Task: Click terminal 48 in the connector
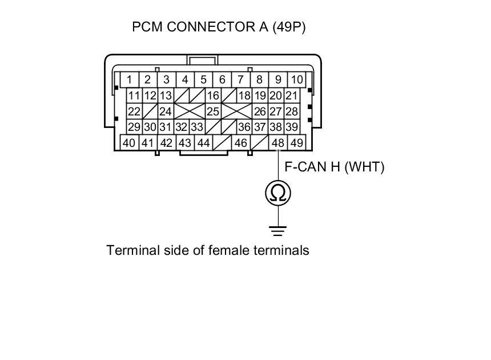coord(278,143)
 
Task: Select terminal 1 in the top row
coord(130,79)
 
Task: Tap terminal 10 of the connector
coord(297,79)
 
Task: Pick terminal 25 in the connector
coord(213,111)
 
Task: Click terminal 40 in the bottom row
coord(130,143)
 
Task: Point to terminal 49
coord(297,143)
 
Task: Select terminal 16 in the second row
coord(213,95)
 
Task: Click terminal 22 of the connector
coord(134,111)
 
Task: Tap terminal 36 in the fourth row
coord(244,127)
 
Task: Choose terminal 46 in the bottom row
coord(240,143)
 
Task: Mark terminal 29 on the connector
coord(134,127)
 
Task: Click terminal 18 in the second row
coord(244,95)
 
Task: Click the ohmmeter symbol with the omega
coord(278,193)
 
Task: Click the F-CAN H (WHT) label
coord(335,167)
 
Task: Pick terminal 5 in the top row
coord(204,79)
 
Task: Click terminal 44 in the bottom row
coord(203,143)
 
